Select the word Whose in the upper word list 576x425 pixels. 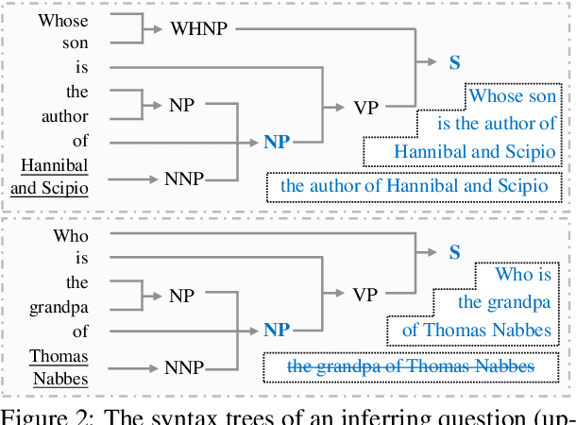point(63,19)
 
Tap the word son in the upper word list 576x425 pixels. point(75,43)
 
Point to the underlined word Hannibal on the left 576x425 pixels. point(54,165)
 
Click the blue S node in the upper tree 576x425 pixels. point(455,63)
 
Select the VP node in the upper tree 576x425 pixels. point(365,106)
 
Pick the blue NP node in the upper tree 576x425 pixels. point(277,143)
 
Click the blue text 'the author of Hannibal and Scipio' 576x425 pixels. point(414,185)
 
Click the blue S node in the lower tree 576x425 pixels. point(455,252)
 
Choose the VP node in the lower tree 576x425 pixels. point(365,295)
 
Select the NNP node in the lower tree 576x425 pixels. point(184,366)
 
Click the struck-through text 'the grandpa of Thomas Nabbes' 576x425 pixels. point(410,365)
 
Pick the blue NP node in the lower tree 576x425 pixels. point(277,330)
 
